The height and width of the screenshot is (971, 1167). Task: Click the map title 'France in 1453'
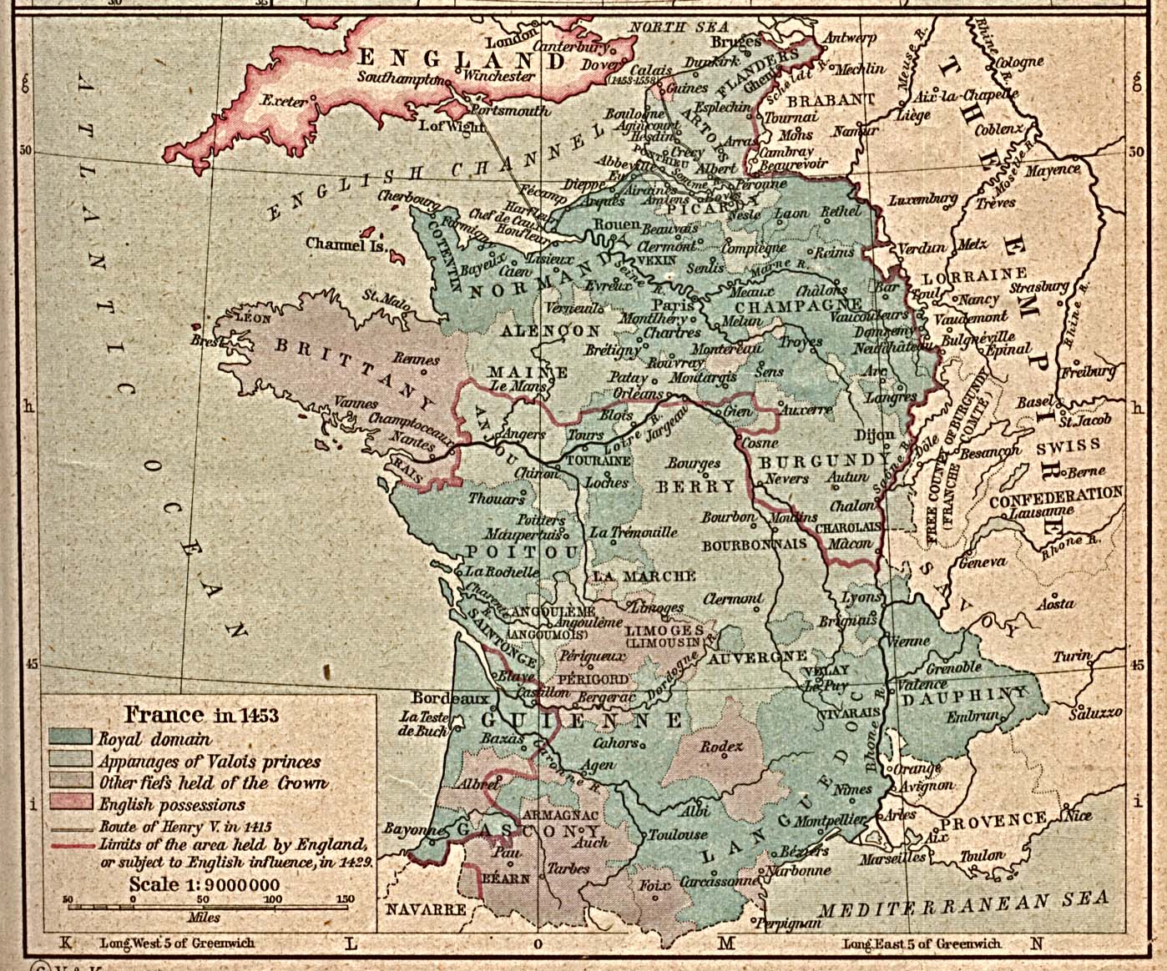(x=200, y=715)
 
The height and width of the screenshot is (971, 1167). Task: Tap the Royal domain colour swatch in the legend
(x=70, y=737)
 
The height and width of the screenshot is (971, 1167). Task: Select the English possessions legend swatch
(x=70, y=803)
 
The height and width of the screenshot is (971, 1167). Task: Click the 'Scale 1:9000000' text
(x=204, y=884)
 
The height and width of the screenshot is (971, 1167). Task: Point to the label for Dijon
(x=874, y=434)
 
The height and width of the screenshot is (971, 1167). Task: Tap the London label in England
(x=508, y=42)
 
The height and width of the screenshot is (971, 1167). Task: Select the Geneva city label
(x=982, y=563)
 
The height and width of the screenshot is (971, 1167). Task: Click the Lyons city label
(x=860, y=597)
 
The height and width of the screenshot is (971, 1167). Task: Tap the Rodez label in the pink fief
(x=721, y=747)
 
